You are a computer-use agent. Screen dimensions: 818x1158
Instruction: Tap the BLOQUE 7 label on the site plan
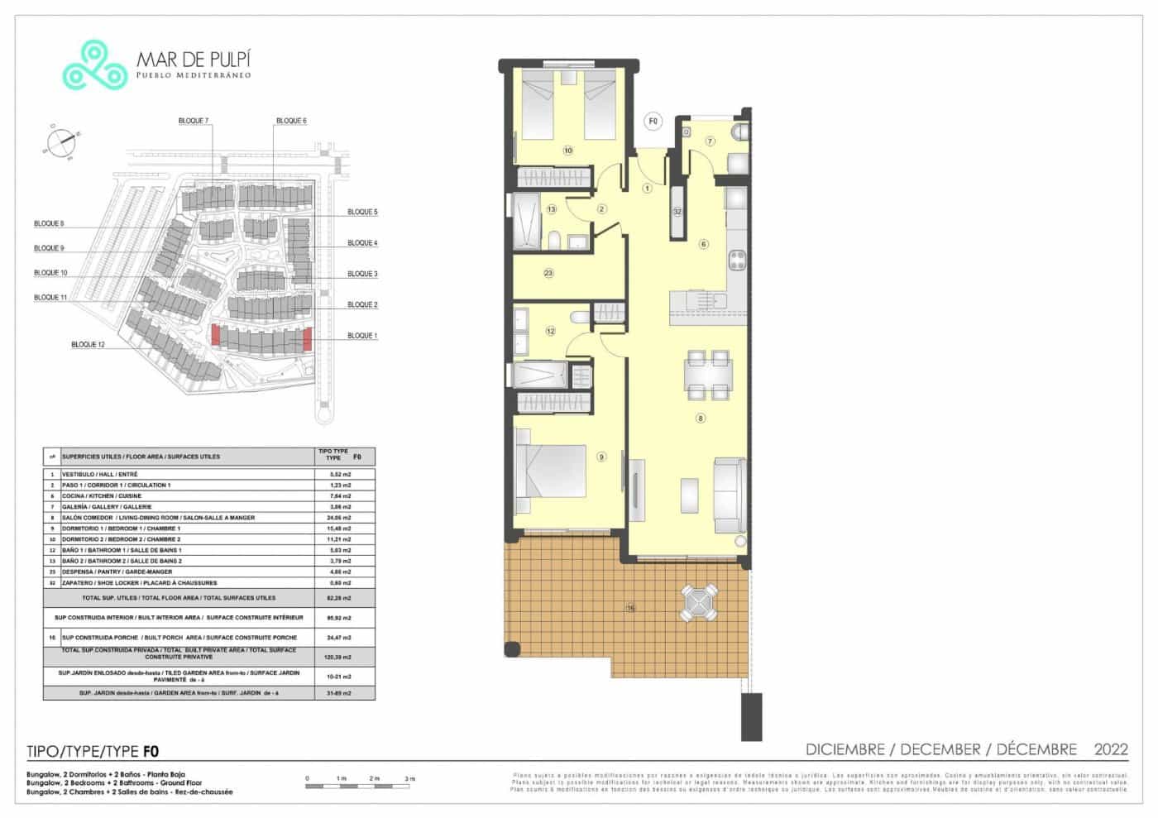tap(194, 121)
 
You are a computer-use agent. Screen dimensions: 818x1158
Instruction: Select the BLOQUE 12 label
tap(88, 344)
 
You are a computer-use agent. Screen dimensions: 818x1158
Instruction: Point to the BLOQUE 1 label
tap(362, 336)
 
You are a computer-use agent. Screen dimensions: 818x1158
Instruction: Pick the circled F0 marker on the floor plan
tap(653, 122)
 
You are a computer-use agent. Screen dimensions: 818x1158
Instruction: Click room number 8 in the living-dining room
tap(701, 419)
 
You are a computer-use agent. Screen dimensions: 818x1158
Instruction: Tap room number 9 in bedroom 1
tap(601, 457)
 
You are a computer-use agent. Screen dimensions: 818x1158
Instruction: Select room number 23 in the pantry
tap(548, 273)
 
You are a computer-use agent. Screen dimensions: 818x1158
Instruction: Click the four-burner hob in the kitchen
tap(737, 261)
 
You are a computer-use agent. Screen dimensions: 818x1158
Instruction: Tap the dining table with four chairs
tap(708, 375)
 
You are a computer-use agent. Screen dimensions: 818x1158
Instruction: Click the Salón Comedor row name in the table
tap(158, 518)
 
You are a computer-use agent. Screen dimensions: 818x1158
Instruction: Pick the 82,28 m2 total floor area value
tap(339, 598)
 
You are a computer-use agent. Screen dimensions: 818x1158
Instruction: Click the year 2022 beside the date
tap(1111, 749)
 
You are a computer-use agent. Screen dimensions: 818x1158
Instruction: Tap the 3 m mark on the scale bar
tap(409, 779)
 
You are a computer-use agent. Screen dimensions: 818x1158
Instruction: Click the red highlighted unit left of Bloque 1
tap(216, 335)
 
